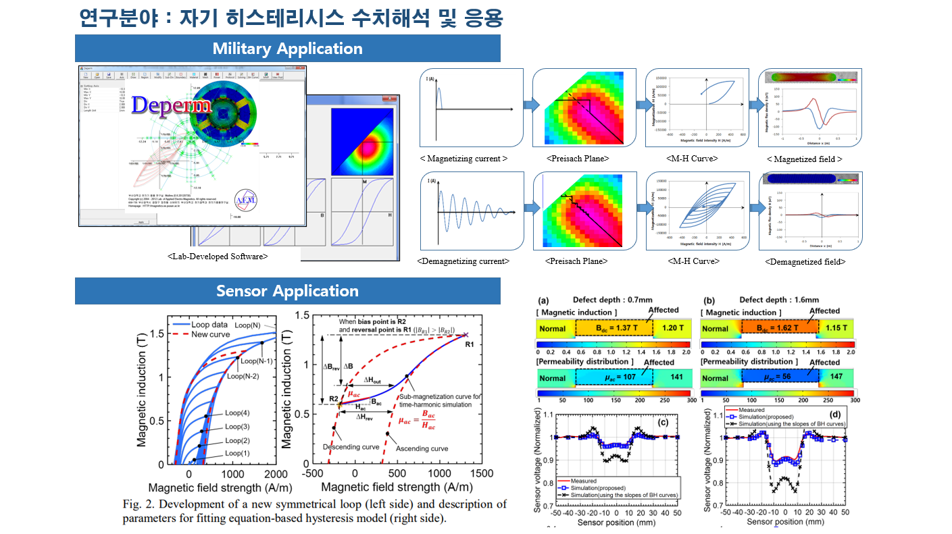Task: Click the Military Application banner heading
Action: [x=287, y=49]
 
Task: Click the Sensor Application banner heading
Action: [x=287, y=291]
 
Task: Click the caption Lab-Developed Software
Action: [x=218, y=257]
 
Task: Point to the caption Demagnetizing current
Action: [x=464, y=261]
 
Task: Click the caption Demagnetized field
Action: [x=805, y=261]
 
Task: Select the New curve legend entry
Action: [x=212, y=335]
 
